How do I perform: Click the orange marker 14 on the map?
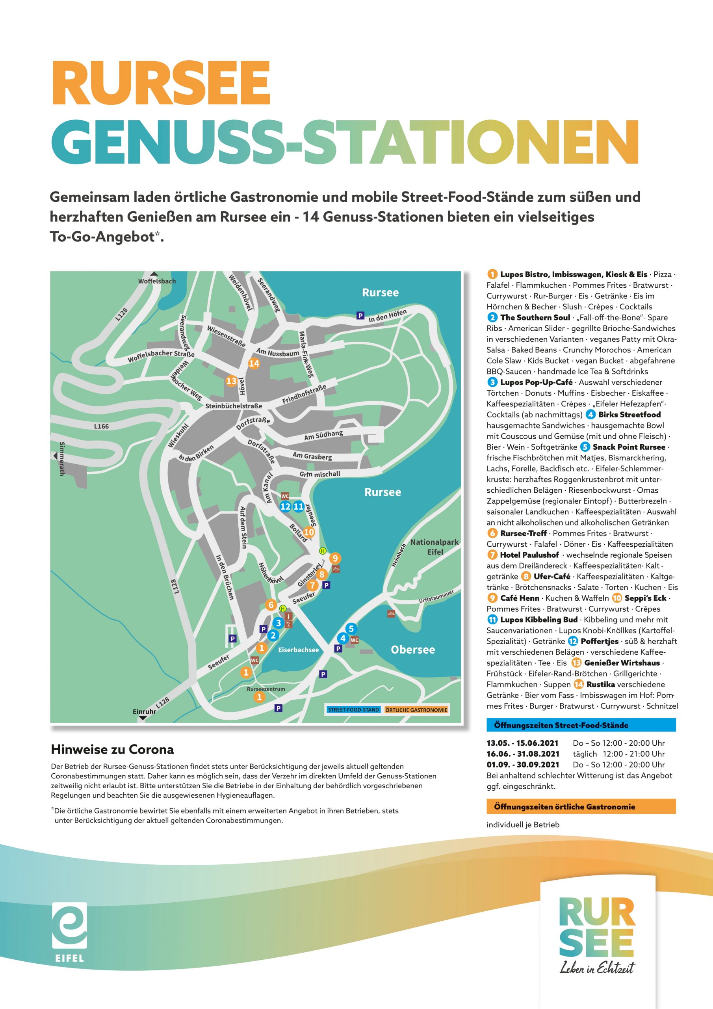(x=254, y=363)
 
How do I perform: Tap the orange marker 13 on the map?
(x=231, y=381)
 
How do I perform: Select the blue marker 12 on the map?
(x=285, y=506)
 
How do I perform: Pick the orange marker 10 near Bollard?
(x=309, y=532)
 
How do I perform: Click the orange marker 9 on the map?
(x=335, y=558)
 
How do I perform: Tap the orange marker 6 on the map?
(x=271, y=605)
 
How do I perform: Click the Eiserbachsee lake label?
(x=298, y=650)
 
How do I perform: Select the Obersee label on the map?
(x=412, y=650)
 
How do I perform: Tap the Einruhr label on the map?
(x=145, y=711)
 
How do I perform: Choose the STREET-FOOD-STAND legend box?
(x=353, y=710)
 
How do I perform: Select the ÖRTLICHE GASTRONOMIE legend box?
(x=416, y=710)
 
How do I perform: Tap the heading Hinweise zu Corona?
(x=112, y=749)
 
